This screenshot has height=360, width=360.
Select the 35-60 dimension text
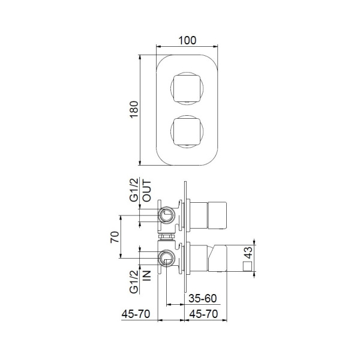click(203, 298)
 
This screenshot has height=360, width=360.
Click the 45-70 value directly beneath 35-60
click(203, 313)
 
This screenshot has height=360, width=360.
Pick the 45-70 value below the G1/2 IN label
click(136, 313)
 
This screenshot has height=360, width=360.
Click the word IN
click(146, 275)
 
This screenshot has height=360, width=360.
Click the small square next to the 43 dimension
click(245, 266)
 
